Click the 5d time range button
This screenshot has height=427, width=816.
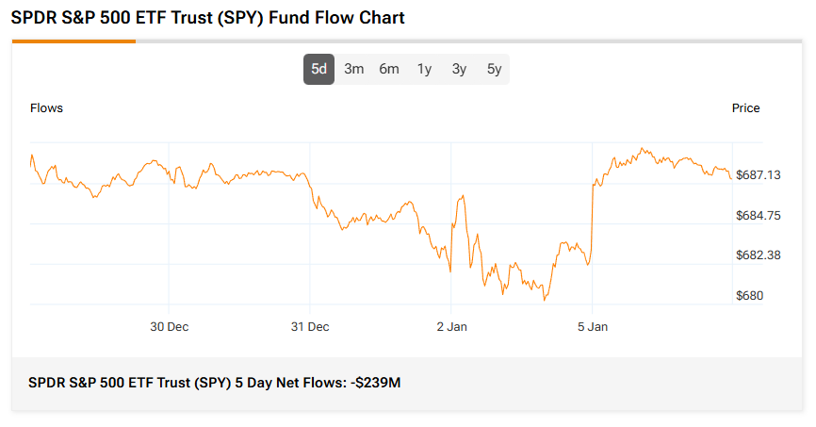pos(318,69)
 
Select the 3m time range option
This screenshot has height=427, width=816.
pos(354,69)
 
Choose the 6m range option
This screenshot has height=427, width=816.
pos(389,69)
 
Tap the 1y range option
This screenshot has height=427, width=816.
pos(424,69)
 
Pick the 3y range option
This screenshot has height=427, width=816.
pos(459,69)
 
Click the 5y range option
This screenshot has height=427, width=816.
pos(494,69)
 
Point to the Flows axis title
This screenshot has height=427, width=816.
pos(46,107)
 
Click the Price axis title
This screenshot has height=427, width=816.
pos(745,107)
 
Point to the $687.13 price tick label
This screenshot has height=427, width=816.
pos(758,175)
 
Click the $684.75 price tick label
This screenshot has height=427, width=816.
pos(758,216)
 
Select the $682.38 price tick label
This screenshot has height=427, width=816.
pos(758,255)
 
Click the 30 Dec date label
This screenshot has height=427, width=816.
pos(169,327)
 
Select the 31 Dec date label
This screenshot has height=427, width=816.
pos(310,327)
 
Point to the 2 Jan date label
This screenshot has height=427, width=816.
pos(451,327)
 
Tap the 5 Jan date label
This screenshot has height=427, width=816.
pos(593,327)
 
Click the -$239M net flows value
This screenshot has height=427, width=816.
pos(375,383)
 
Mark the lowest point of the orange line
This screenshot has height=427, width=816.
pos(545,300)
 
